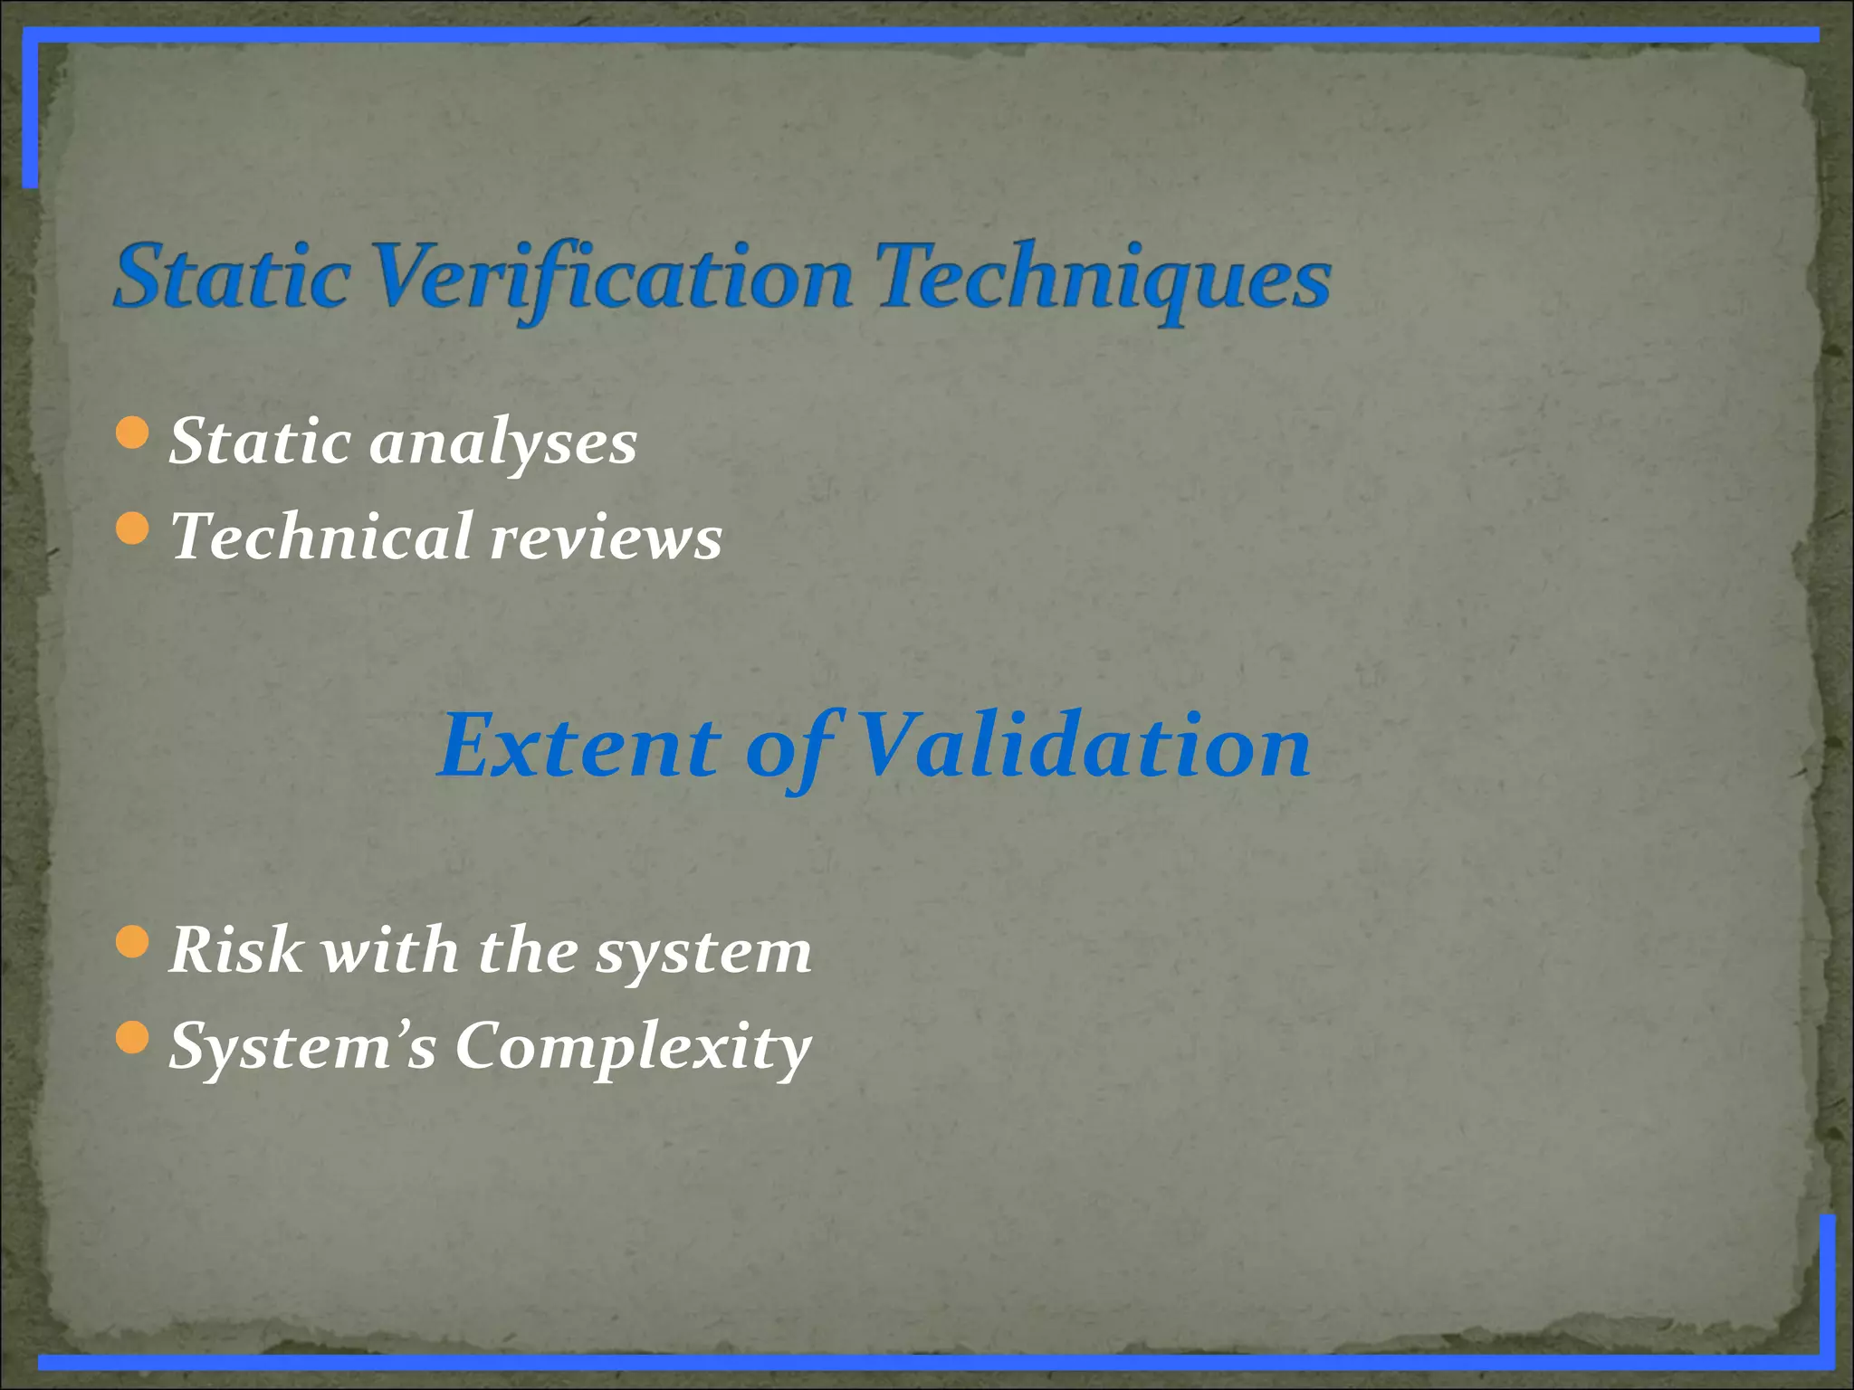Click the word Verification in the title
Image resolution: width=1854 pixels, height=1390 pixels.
click(612, 278)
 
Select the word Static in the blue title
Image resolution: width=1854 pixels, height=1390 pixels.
click(233, 278)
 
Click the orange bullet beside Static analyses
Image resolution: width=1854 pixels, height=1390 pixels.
click(133, 433)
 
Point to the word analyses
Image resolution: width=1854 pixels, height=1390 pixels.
click(503, 443)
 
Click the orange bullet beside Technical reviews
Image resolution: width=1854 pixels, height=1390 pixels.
click(133, 528)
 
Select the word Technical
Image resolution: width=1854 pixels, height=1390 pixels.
click(322, 537)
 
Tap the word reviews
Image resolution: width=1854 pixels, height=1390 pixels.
click(606, 538)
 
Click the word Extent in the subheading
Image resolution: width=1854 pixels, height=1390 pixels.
click(579, 747)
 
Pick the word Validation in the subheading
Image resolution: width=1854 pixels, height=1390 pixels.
click(1083, 747)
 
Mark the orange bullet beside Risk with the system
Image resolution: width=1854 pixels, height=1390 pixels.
click(133, 941)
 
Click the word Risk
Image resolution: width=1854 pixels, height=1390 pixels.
click(236, 950)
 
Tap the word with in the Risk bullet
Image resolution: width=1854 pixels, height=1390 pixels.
click(391, 950)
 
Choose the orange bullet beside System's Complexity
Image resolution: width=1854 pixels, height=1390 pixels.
click(133, 1037)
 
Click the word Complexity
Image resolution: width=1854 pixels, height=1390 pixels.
click(633, 1048)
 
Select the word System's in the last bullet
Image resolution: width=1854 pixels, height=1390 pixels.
click(303, 1046)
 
